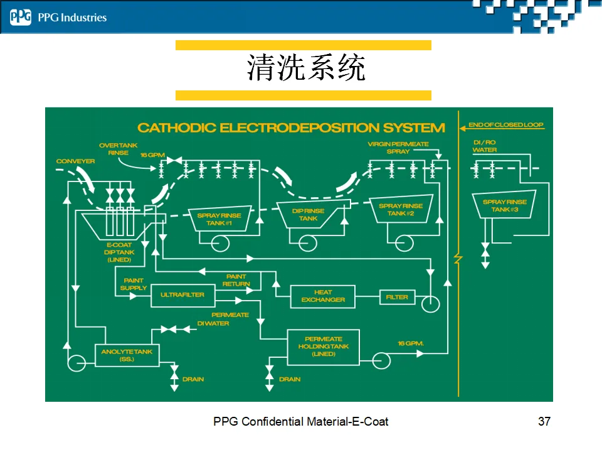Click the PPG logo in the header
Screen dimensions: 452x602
pyautogui.click(x=20, y=17)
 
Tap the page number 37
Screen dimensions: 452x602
pyautogui.click(x=544, y=421)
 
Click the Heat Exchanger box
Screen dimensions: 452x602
pyautogui.click(x=323, y=296)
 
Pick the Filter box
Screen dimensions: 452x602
pyautogui.click(x=397, y=297)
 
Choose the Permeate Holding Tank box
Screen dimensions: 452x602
pyautogui.click(x=324, y=347)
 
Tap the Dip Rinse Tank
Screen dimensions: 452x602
pyautogui.click(x=308, y=215)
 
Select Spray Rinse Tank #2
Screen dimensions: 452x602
pyautogui.click(x=401, y=210)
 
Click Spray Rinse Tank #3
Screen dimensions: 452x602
pyautogui.click(x=504, y=205)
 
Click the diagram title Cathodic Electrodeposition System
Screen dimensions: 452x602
pyautogui.click(x=291, y=128)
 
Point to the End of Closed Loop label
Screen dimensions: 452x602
pyautogui.click(x=505, y=125)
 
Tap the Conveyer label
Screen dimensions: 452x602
pyautogui.click(x=75, y=161)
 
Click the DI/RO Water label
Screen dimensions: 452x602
pyautogui.click(x=485, y=146)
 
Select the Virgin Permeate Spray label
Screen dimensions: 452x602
pyautogui.click(x=398, y=148)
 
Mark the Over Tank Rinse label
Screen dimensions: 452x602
pyautogui.click(x=118, y=149)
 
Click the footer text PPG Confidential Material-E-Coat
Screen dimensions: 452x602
pyautogui.click(x=300, y=421)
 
